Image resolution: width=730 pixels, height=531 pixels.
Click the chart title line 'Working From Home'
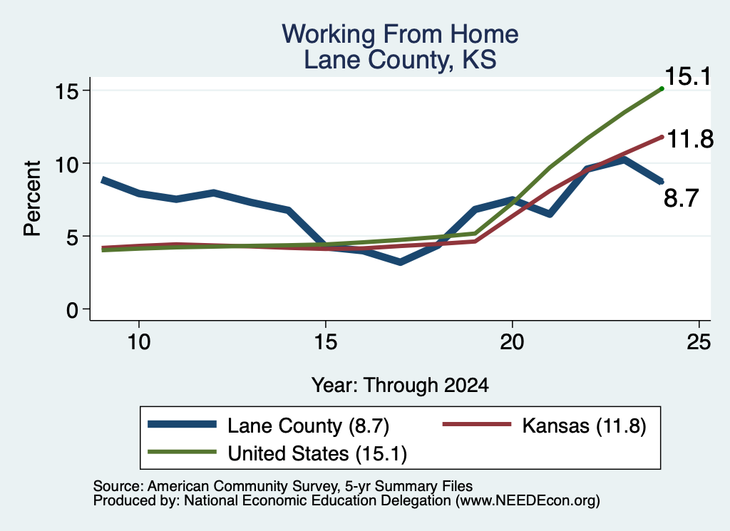400,34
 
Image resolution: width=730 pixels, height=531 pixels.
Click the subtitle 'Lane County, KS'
400,60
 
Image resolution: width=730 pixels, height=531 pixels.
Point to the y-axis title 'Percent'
32,198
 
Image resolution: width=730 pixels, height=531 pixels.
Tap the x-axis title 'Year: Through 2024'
400,386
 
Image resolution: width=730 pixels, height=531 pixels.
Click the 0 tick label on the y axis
72,310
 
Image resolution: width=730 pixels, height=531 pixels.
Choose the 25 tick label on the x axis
699,343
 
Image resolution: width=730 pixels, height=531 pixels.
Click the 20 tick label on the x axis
512,343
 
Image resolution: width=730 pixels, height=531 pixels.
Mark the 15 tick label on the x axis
325,343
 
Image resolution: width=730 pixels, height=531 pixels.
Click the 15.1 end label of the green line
689,76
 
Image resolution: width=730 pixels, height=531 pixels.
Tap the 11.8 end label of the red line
690,139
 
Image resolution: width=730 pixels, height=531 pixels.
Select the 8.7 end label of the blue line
681,197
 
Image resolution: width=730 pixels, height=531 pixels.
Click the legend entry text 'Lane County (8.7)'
308,426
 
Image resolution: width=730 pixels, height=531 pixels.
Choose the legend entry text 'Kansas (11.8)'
585,426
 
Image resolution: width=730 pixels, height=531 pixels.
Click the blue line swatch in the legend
182,424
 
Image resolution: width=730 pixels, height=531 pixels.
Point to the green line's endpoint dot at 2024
662,88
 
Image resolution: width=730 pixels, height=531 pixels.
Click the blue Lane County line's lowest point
400,262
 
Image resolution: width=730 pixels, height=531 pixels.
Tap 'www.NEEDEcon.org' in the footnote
528,501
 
